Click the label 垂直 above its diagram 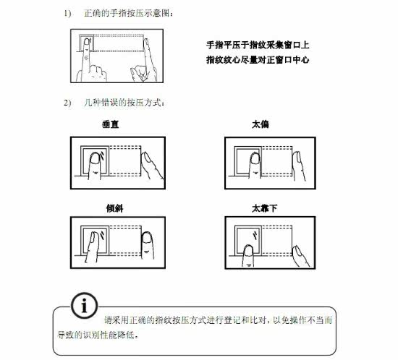click(x=111, y=124)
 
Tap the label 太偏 click(x=261, y=124)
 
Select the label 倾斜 click(x=115, y=208)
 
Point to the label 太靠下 click(x=264, y=208)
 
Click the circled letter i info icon click(x=84, y=306)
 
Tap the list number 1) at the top click(x=67, y=13)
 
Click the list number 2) click(x=67, y=103)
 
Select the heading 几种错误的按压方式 click(x=123, y=103)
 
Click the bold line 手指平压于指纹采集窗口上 click(x=258, y=45)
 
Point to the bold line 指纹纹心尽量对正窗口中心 click(x=258, y=60)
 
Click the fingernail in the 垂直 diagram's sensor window click(x=96, y=158)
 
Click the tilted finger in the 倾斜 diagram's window click(x=92, y=247)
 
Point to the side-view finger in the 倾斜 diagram click(x=147, y=245)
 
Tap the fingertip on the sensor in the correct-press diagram click(x=87, y=43)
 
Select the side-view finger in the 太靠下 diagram click(x=300, y=256)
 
